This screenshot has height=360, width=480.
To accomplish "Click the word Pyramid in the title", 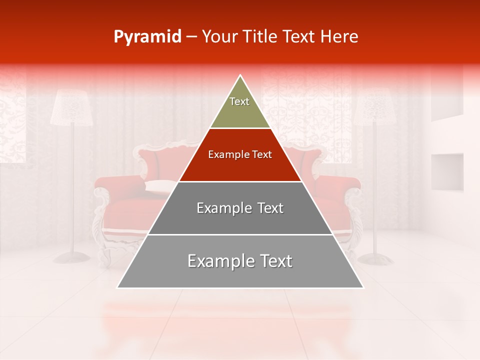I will tap(147, 37).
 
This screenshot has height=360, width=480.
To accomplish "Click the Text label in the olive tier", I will tap(239, 101).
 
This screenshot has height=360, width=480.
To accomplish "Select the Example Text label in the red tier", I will tap(240, 154).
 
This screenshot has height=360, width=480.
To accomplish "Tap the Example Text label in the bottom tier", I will tap(240, 261).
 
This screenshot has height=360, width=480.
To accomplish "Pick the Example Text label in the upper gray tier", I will tap(240, 208).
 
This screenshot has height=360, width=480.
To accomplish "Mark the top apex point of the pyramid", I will tap(240, 75).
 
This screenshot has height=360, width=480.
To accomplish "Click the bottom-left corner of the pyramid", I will tap(117, 288).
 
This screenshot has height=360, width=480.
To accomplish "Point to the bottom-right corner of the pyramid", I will tap(363, 288).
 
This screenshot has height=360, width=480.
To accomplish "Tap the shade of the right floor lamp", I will tap(374, 108).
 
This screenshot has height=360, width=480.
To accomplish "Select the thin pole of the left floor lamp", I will tap(73, 190).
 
